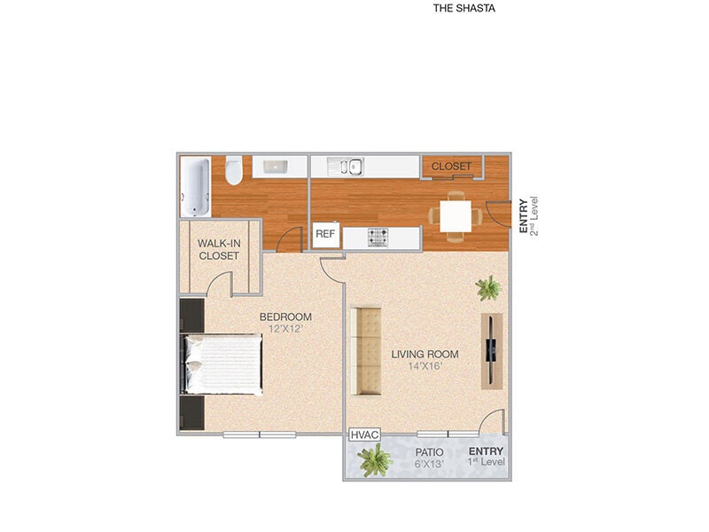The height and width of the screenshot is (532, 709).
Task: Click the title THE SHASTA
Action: coord(464,9)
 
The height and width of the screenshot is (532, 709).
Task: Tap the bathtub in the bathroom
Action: coord(195,186)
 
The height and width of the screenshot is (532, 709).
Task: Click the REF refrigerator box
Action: coord(324,235)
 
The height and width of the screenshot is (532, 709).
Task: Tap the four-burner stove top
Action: coord(379,237)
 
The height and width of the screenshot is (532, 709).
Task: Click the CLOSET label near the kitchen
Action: coord(451,166)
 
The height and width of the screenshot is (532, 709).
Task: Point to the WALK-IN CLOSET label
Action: coord(218,249)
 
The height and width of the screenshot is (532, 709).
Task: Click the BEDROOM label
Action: coord(285,317)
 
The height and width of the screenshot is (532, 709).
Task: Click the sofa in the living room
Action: coord(365,351)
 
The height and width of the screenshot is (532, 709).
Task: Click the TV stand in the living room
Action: coord(492,349)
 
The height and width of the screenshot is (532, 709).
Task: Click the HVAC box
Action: coord(363,435)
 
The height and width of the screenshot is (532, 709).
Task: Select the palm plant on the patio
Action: coord(375,459)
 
